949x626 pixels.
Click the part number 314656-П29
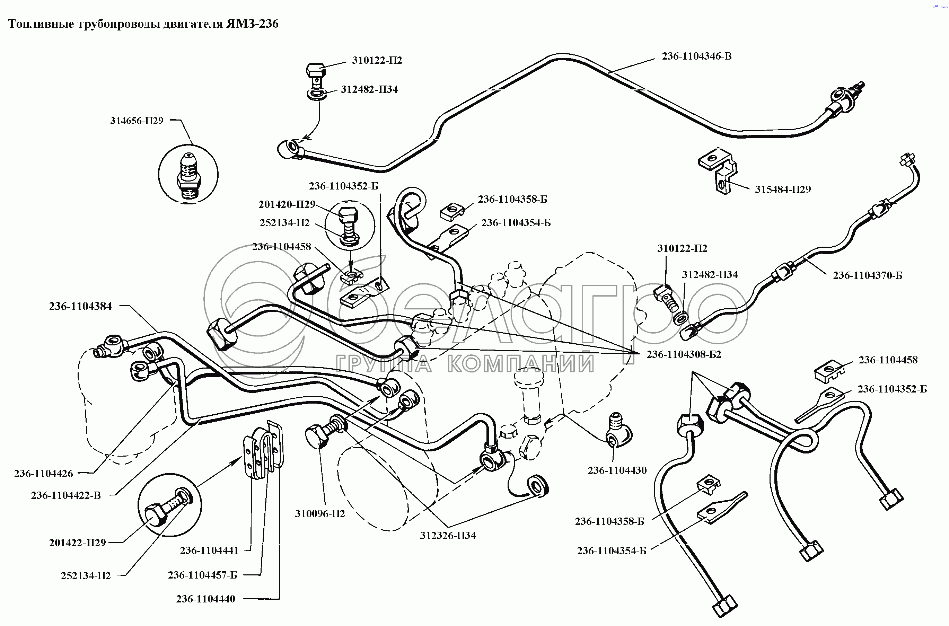click(137, 121)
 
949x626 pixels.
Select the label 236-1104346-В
click(696, 56)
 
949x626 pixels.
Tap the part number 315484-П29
click(782, 189)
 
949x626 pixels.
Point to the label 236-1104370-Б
click(867, 275)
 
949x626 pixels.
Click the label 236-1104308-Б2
click(684, 354)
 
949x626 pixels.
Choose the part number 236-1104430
click(617, 470)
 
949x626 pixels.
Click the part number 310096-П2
click(319, 514)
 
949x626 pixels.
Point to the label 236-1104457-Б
click(202, 575)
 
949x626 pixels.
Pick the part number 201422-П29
click(77, 543)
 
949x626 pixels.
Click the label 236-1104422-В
click(66, 495)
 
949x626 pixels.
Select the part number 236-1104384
click(80, 306)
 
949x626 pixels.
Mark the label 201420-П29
click(287, 204)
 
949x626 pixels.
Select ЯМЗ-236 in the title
click(252, 24)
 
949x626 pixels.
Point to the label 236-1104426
click(44, 474)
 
